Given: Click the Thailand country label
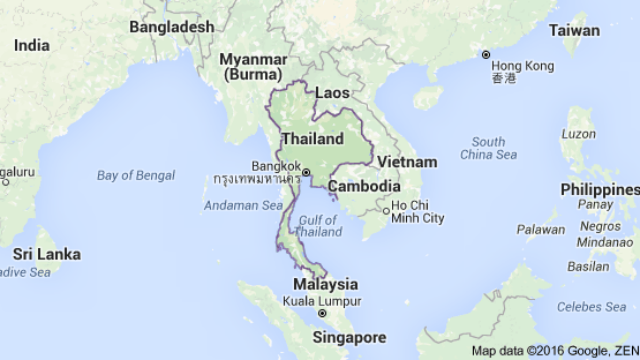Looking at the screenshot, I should pyautogui.click(x=314, y=139).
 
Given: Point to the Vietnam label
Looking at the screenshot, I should pyautogui.click(x=406, y=162).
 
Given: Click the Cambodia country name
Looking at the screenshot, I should pyautogui.click(x=365, y=187).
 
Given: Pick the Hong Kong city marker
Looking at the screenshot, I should pyautogui.click(x=485, y=54).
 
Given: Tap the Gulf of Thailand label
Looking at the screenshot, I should pyautogui.click(x=318, y=225).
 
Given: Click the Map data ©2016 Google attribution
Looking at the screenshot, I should pyautogui.click(x=552, y=350).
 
